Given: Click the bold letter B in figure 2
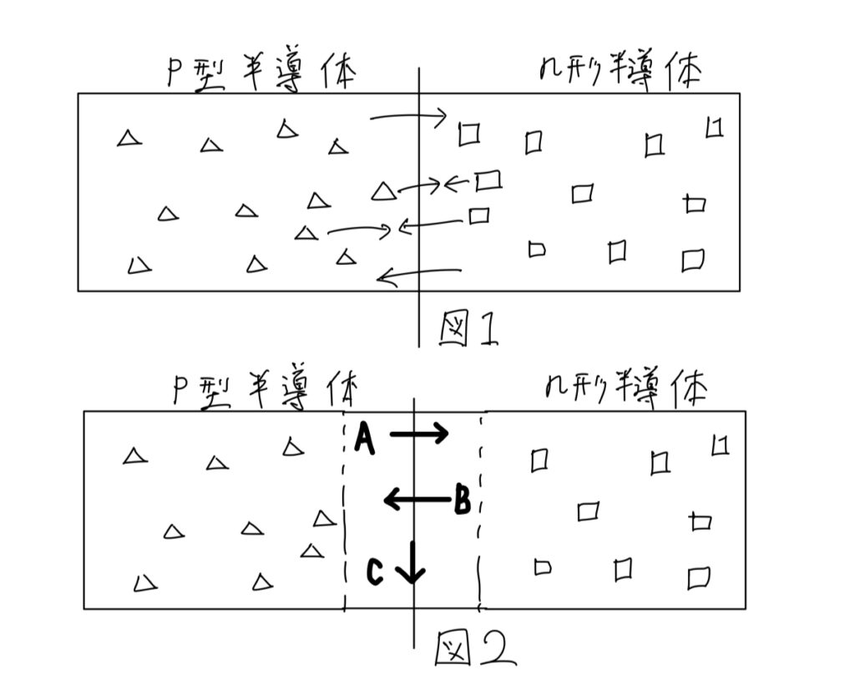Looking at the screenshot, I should (x=463, y=501).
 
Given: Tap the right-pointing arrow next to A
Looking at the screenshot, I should (x=419, y=434).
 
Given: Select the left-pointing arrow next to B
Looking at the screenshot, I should (x=415, y=500).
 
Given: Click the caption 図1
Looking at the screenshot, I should (x=468, y=328).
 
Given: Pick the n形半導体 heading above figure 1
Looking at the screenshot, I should (x=619, y=74).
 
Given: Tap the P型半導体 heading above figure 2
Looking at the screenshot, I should (x=266, y=391).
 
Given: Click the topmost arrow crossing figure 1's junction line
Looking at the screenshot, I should (x=408, y=118).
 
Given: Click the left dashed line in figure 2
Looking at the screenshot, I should (x=344, y=510).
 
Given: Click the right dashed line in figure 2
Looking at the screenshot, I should (x=480, y=510).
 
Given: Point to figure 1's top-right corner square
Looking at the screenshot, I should (x=714, y=128).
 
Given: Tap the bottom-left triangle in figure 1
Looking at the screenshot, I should (x=139, y=266).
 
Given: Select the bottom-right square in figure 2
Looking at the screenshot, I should (x=698, y=577).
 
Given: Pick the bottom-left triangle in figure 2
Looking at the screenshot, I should (x=145, y=582).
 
